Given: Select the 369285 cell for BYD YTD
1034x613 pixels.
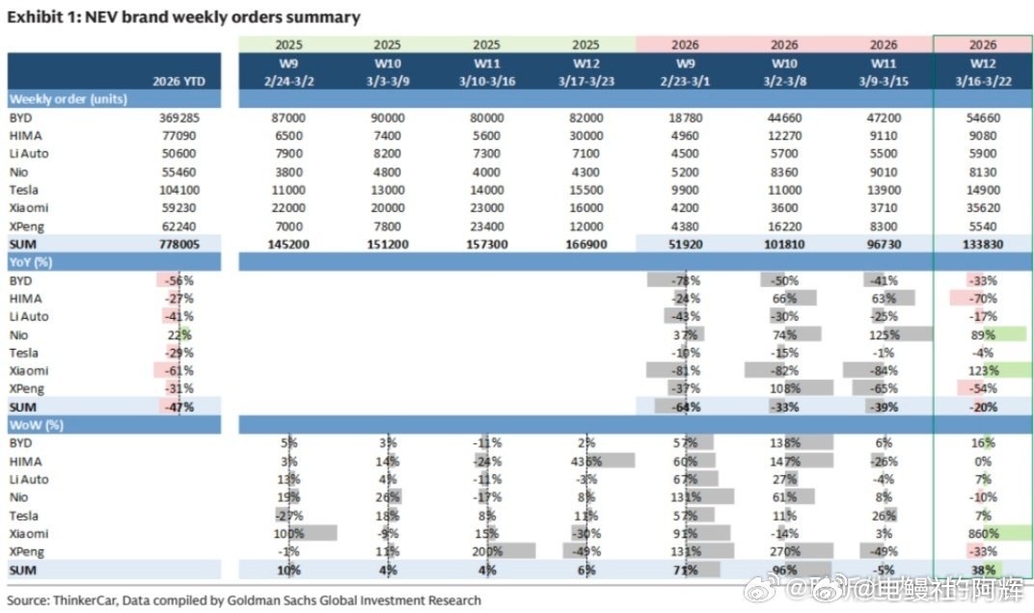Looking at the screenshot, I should [x=184, y=117].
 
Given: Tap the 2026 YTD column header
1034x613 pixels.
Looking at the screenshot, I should [x=180, y=81].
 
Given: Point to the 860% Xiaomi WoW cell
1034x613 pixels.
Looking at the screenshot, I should [x=984, y=533].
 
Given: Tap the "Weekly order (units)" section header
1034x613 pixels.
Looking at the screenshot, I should [x=68, y=98].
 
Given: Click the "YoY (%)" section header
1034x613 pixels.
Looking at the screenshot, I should [x=30, y=261].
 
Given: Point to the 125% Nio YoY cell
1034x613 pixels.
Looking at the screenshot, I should [x=883, y=333].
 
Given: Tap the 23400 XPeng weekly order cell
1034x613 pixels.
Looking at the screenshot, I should [x=489, y=225].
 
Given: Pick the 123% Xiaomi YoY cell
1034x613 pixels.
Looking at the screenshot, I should [x=984, y=370].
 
